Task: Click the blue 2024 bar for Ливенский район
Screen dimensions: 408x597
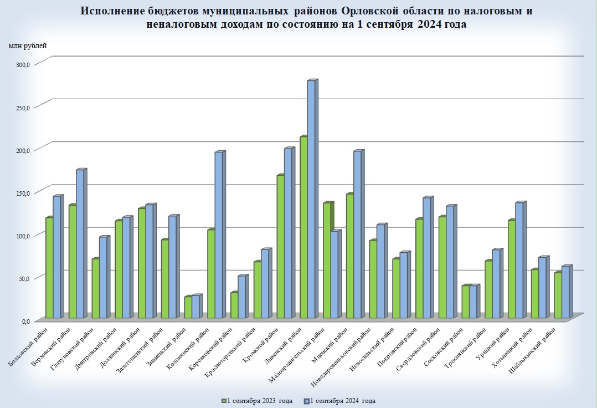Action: [x=311, y=200]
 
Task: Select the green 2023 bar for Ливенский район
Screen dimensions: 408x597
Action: [x=303, y=227]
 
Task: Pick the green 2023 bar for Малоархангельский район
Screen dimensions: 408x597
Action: [x=326, y=261]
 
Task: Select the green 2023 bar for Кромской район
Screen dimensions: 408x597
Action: [x=280, y=247]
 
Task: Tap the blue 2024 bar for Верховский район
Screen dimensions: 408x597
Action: [x=80, y=244]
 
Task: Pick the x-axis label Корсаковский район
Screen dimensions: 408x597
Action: [x=211, y=351]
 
